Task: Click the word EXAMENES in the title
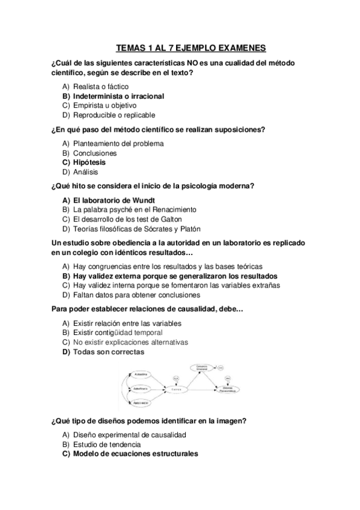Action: coord(236,49)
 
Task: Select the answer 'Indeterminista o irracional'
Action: coord(118,96)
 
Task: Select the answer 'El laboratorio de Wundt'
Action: coord(113,200)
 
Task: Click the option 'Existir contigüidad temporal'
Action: coord(117,333)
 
